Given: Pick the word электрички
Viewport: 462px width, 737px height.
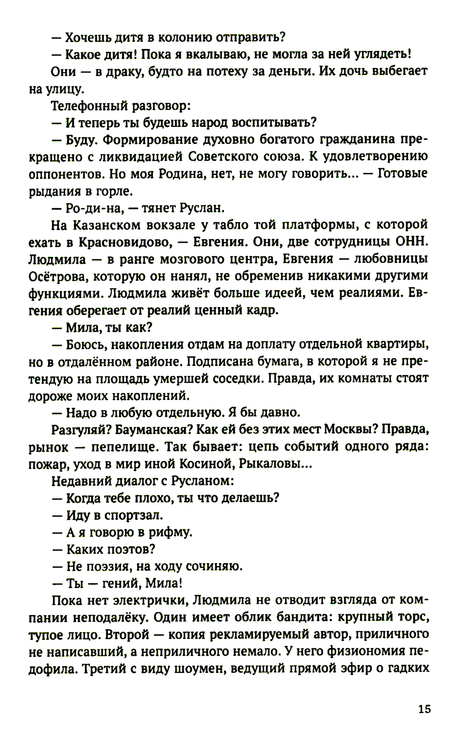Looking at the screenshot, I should pyautogui.click(x=152, y=601).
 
